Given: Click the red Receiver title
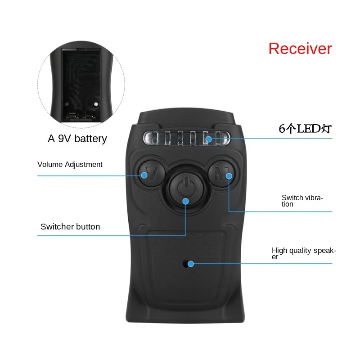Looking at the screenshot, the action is [x=300, y=49].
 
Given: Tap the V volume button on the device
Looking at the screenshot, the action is [x=152, y=173].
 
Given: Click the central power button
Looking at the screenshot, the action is [x=186, y=188].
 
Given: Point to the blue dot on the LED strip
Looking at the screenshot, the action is [x=208, y=139].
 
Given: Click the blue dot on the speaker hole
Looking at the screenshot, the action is [x=190, y=264].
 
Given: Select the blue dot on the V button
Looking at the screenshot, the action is [x=144, y=175].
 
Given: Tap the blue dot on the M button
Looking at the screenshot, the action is [x=229, y=176].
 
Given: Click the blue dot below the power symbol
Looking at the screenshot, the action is [x=185, y=201].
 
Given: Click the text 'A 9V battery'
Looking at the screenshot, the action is [x=77, y=139].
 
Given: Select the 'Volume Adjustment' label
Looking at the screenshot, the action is [x=70, y=165].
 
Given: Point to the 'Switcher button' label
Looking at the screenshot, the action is [x=70, y=227].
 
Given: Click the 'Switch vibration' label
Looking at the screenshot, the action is [x=302, y=201].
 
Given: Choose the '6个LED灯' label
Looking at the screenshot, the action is [x=305, y=129].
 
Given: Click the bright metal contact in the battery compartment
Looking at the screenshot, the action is [x=96, y=104].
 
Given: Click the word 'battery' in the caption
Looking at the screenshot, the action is [x=91, y=139].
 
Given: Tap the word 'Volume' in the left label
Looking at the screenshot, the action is [x=50, y=164].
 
